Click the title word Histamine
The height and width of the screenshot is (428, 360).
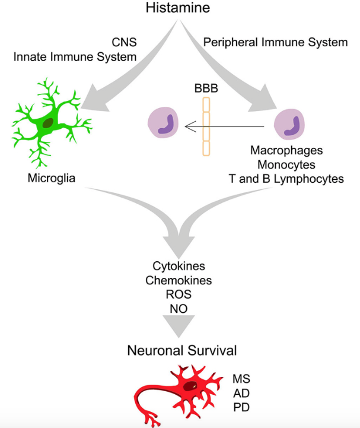tap(179, 8)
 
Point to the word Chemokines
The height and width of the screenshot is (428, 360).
tap(179, 280)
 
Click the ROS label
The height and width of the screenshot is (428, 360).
tap(179, 294)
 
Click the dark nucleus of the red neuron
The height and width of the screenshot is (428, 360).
tap(191, 387)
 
